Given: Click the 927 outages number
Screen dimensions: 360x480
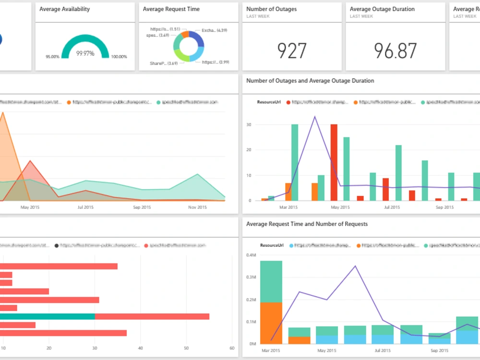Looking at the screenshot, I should (x=292, y=50).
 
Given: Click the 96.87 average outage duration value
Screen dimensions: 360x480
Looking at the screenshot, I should (x=396, y=50).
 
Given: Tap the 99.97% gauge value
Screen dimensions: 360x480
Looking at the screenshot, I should (x=85, y=53).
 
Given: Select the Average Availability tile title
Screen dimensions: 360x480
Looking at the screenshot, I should (x=64, y=9).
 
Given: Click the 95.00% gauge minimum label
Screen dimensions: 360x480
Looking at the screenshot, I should (x=52, y=57).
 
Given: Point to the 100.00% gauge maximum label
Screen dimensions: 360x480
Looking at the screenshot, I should (x=119, y=57).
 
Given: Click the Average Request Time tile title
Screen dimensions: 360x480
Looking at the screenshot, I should (x=171, y=9).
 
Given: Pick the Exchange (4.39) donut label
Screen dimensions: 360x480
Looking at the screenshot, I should (x=214, y=30).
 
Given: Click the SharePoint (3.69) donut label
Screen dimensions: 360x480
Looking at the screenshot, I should (x=163, y=63).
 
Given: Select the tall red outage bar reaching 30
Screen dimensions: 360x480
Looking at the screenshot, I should (x=334, y=162).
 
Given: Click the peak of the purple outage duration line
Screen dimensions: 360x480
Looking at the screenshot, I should (x=314, y=116).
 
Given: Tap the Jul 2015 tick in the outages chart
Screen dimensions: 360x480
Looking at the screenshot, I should (x=392, y=207).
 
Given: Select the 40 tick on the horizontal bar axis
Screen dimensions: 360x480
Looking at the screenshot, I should (x=140, y=348).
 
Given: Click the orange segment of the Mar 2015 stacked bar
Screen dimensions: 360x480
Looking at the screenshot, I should (x=271, y=323).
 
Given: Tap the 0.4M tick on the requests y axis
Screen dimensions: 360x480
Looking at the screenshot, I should (x=251, y=255).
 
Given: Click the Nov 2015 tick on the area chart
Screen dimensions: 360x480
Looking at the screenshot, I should (x=198, y=207).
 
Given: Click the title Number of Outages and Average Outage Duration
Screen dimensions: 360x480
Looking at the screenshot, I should (x=310, y=81).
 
